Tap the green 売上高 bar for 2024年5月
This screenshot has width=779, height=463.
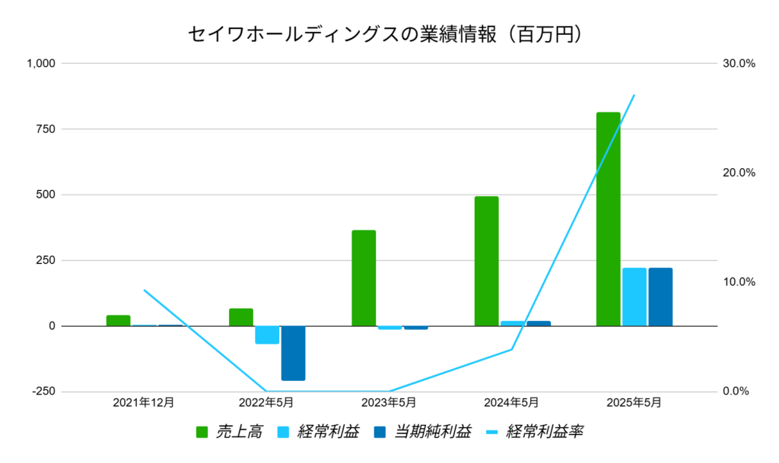click(x=486, y=261)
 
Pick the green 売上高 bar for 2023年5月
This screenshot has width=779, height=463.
click(x=364, y=277)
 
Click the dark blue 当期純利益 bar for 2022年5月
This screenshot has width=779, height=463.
click(x=293, y=353)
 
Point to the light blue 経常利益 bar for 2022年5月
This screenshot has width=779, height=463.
click(x=267, y=335)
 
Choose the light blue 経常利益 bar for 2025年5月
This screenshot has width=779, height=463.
click(x=634, y=297)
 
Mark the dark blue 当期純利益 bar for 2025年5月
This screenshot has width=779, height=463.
click(x=660, y=297)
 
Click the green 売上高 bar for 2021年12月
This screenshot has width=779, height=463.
click(x=119, y=320)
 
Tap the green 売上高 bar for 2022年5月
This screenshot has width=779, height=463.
click(x=241, y=317)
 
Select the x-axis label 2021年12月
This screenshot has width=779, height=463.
click(x=143, y=402)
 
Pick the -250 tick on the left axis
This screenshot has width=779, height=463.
click(x=43, y=392)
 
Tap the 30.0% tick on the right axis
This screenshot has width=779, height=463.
click(x=739, y=64)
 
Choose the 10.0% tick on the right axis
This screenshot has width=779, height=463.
click(x=739, y=282)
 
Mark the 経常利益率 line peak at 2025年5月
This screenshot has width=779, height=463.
click(x=634, y=95)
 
